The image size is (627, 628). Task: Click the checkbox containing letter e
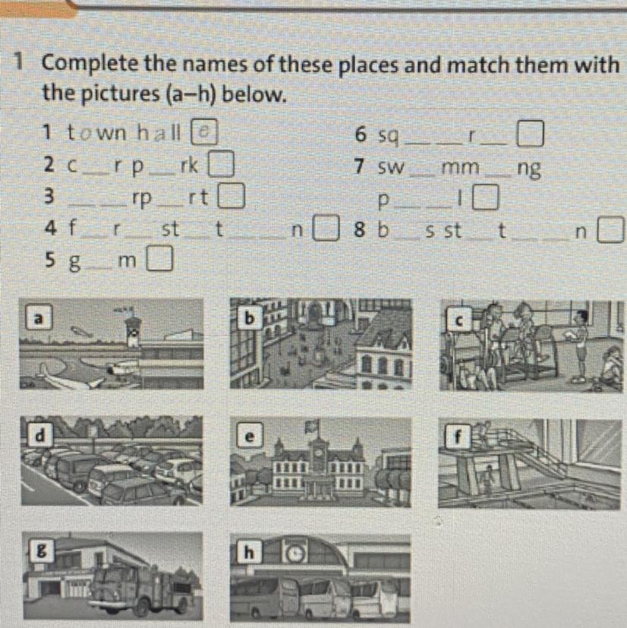pyautogui.click(x=204, y=132)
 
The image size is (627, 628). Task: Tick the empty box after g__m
pyautogui.click(x=159, y=259)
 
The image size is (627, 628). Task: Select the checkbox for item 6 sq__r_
pyautogui.click(x=531, y=134)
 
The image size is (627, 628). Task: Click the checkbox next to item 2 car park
pyautogui.click(x=220, y=163)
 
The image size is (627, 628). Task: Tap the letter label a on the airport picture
pyautogui.click(x=39, y=317)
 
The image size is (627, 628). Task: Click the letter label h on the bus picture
pyautogui.click(x=249, y=553)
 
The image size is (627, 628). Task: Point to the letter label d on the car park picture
pyautogui.click(x=40, y=435)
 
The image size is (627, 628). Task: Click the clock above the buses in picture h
pyautogui.click(x=295, y=554)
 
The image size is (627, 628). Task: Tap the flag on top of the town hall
pyautogui.click(x=313, y=426)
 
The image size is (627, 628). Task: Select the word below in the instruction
pyautogui.click(x=254, y=95)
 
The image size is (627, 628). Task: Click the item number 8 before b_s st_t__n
pyautogui.click(x=360, y=230)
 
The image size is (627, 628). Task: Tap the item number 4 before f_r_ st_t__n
pyautogui.click(x=51, y=229)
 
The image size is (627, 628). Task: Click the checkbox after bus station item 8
pyautogui.click(x=610, y=230)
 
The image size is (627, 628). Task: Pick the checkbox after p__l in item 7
pyautogui.click(x=486, y=197)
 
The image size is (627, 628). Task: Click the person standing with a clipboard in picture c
pyautogui.click(x=580, y=346)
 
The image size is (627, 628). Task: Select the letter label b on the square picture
pyautogui.click(x=249, y=318)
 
